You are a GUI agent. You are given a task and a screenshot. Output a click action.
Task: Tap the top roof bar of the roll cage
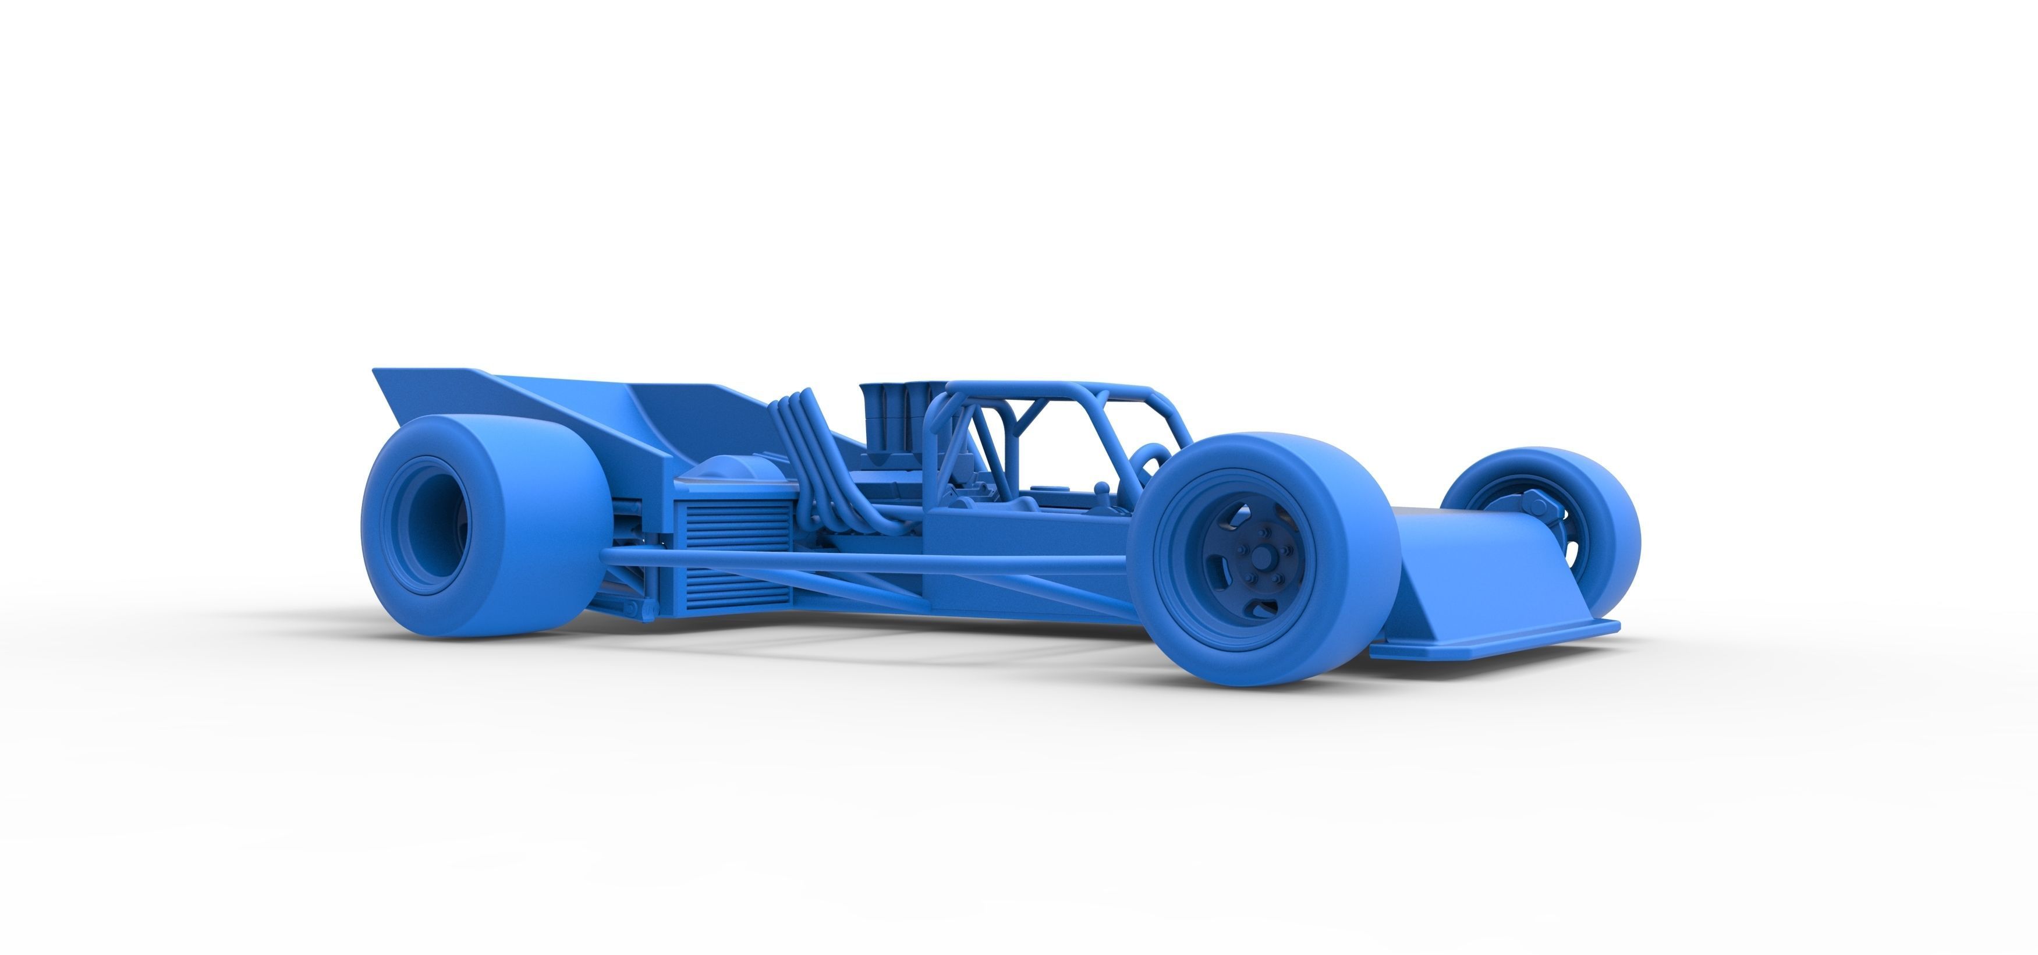tap(1052, 389)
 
